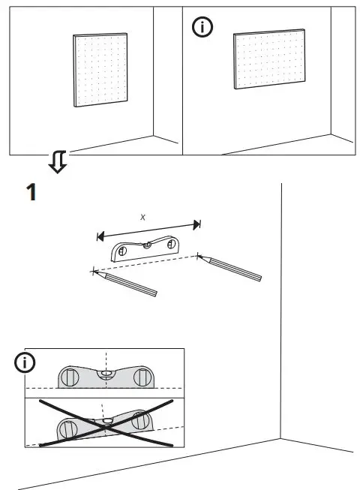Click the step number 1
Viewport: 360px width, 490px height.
(x=31, y=192)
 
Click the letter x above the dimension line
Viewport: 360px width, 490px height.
(x=144, y=216)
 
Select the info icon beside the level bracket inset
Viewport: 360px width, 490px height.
(x=26, y=363)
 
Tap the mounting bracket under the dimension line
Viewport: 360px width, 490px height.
(x=146, y=248)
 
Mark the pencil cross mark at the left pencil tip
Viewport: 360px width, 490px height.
(x=93, y=271)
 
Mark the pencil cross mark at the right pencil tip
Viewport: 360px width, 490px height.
(x=199, y=256)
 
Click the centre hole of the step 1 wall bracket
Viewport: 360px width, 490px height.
(x=148, y=243)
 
